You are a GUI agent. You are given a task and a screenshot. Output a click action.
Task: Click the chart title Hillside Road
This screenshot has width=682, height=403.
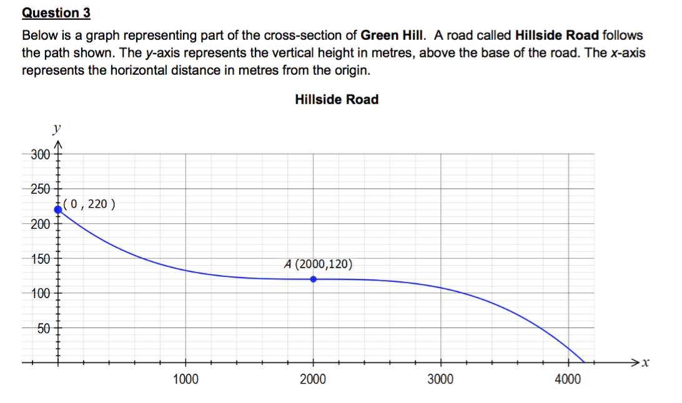(336, 99)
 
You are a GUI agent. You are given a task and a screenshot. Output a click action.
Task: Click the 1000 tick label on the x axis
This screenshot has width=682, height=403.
(185, 379)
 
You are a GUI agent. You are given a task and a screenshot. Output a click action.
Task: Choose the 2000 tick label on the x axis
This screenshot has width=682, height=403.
(313, 379)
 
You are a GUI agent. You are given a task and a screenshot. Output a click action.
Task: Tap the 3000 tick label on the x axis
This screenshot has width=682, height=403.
(441, 379)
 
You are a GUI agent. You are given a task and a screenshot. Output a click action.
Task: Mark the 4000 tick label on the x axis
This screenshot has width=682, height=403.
(568, 379)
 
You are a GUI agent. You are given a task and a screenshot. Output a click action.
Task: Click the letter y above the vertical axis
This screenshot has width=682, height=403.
(57, 129)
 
